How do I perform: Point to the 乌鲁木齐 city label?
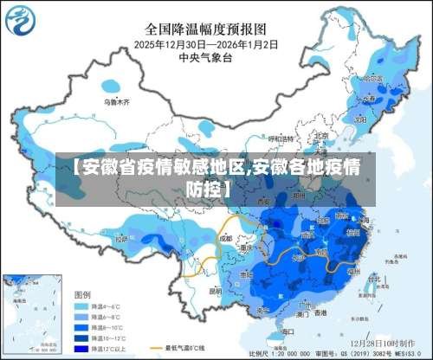tap(116, 102)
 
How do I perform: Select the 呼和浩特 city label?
tap(281, 138)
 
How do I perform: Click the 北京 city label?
tap(320, 136)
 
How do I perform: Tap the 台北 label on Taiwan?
tap(374, 279)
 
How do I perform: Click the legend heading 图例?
tap(83, 295)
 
